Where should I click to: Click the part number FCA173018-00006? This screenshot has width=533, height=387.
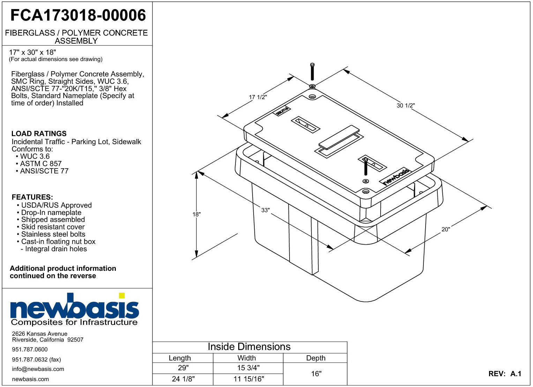pyautogui.click(x=78, y=15)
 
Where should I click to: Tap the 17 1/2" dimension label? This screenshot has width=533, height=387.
pyautogui.click(x=258, y=97)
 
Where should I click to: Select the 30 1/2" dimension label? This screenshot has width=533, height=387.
pyautogui.click(x=406, y=105)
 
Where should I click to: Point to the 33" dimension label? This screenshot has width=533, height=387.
pyautogui.click(x=265, y=210)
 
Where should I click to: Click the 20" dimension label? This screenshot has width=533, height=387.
pyautogui.click(x=446, y=229)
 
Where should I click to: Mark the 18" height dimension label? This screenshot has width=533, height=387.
pyautogui.click(x=196, y=214)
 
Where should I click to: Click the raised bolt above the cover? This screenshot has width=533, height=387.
pyautogui.click(x=313, y=72)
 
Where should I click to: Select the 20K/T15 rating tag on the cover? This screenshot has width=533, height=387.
pyautogui.click(x=283, y=111)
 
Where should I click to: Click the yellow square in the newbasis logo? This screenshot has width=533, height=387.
pyautogui.click(x=122, y=295)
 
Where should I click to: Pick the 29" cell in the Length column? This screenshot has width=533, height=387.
pyautogui.click(x=183, y=368)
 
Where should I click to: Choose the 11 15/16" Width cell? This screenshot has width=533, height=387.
pyautogui.click(x=249, y=379)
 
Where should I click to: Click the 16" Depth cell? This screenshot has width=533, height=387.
pyautogui.click(x=316, y=374)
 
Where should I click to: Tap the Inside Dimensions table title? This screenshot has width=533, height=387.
pyautogui.click(x=249, y=347)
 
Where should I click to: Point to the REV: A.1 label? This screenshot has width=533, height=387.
pyautogui.click(x=505, y=374)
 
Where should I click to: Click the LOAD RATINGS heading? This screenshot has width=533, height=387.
pyautogui.click(x=39, y=134)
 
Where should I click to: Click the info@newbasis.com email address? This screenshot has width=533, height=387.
pyautogui.click(x=38, y=369)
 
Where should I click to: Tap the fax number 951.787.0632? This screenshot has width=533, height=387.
pyautogui.click(x=36, y=359)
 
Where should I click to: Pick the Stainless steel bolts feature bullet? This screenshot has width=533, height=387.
pyautogui.click(x=51, y=234)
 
